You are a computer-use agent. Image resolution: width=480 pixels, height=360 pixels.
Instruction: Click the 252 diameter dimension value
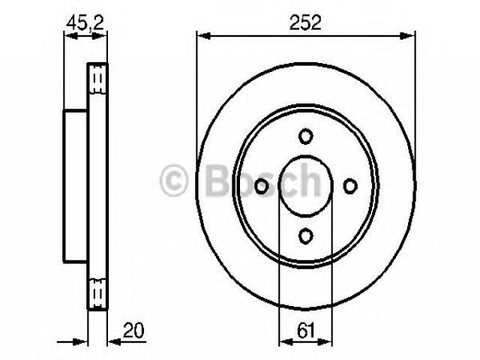[x=305, y=22]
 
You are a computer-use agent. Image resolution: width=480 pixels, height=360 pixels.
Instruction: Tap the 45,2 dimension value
[x=85, y=22]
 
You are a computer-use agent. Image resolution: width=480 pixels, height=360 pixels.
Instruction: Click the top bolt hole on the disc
[x=306, y=136]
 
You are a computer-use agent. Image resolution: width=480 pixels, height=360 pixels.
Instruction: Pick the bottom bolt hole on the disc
[x=306, y=235]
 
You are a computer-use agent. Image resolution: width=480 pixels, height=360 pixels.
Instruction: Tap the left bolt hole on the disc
[x=262, y=186]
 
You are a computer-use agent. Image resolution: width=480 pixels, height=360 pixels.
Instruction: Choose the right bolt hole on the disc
[x=350, y=186]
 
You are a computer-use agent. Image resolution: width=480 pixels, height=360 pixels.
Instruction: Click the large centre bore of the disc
[x=305, y=185]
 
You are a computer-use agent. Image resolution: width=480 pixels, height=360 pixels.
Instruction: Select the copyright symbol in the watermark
[x=173, y=180]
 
